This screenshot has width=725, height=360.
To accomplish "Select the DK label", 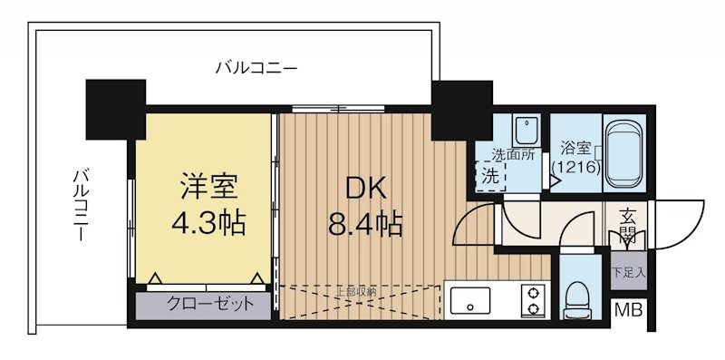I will (x=368, y=188).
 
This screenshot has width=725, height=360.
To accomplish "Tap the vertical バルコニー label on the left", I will (x=81, y=204).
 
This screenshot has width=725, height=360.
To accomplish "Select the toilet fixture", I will (x=575, y=296).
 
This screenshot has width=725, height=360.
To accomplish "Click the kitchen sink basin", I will (x=469, y=299).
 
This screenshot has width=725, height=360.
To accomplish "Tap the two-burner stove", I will (x=534, y=300).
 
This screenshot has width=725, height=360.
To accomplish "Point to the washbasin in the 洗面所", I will (x=524, y=129).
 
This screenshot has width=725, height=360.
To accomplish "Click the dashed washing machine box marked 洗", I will (x=490, y=174).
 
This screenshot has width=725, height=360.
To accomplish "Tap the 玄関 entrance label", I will (x=627, y=226).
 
